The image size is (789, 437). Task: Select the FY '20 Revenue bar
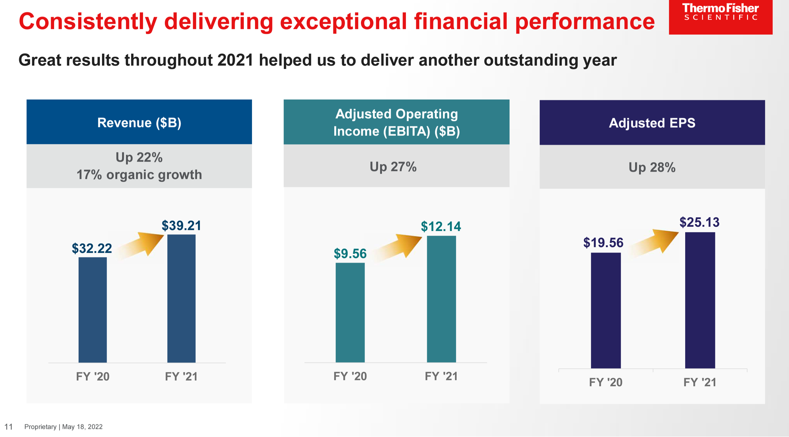pyautogui.click(x=92, y=310)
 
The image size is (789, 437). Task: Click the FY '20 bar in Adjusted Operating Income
pyautogui.click(x=350, y=312)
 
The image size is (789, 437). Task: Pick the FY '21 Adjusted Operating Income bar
pyautogui.click(x=441, y=299)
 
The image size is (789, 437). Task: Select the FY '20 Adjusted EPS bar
pyautogui.click(x=605, y=310)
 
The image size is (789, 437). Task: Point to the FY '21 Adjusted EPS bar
pyautogui.click(x=700, y=300)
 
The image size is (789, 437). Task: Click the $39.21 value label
pyautogui.click(x=181, y=226)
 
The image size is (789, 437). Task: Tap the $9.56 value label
pyautogui.click(x=350, y=254)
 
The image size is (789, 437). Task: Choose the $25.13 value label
pyautogui.click(x=699, y=222)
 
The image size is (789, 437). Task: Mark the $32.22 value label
pyautogui.click(x=92, y=248)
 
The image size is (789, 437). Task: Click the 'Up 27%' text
pyautogui.click(x=393, y=167)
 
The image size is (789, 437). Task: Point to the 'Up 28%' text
pyautogui.click(x=652, y=167)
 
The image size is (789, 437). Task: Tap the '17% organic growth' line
pyautogui.click(x=139, y=175)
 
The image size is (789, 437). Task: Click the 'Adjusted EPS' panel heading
pyautogui.click(x=652, y=123)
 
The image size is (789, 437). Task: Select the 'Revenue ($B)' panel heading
pyautogui.click(x=139, y=123)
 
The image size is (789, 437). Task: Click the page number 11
pyautogui.click(x=8, y=426)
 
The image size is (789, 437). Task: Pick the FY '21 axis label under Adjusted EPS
pyautogui.click(x=700, y=382)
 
